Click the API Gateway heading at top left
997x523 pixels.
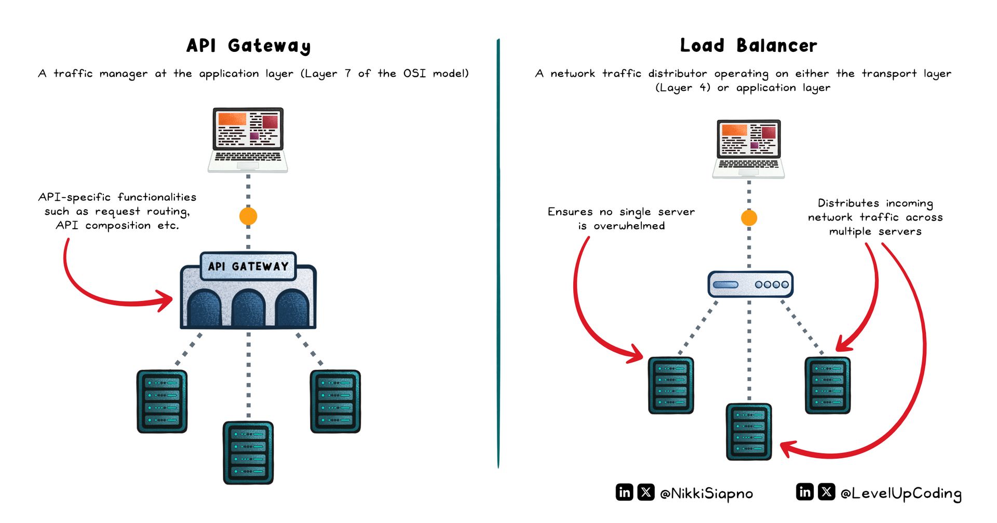coord(248,46)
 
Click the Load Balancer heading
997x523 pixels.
coord(748,46)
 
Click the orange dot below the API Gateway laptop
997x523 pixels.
coord(248,216)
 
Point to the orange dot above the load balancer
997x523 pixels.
coord(749,217)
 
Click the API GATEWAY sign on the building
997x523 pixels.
coord(248,266)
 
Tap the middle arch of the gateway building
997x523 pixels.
coord(248,308)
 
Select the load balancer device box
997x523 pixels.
coord(750,284)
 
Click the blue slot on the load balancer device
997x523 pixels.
coord(725,285)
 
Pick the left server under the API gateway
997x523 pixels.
coord(162,401)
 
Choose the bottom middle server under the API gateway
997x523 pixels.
coord(248,452)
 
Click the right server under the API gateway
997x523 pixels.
coord(335,401)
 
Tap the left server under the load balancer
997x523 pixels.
coord(671,385)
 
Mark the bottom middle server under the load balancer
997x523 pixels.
coord(749,432)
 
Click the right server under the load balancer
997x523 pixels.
coord(827,385)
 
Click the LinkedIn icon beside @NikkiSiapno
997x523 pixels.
coord(624,492)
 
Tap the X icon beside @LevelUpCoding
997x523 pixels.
coord(826,491)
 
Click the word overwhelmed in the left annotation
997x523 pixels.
coord(629,226)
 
